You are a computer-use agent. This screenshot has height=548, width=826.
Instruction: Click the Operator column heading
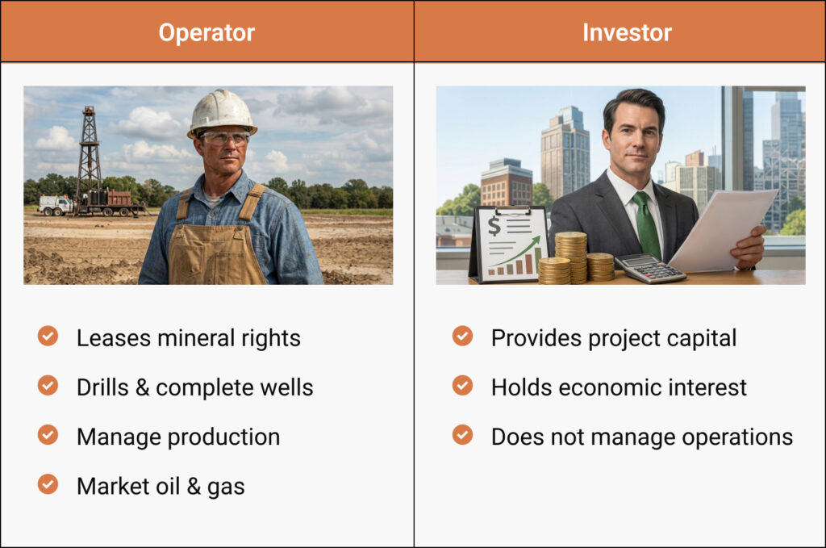click(206, 32)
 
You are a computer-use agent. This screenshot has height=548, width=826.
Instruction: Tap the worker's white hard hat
click(222, 112)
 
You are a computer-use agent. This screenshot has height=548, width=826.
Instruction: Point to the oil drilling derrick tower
click(88, 157)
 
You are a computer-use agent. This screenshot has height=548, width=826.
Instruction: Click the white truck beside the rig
click(56, 206)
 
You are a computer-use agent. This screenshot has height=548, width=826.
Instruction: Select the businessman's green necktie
click(646, 225)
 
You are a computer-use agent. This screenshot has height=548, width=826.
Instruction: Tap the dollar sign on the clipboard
click(494, 225)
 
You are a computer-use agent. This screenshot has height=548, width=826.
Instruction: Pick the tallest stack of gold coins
click(570, 257)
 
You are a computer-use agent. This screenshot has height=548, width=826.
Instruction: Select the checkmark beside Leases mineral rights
click(48, 337)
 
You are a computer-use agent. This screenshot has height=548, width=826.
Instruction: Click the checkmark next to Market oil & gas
click(48, 484)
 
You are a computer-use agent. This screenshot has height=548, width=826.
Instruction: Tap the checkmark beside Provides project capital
click(462, 337)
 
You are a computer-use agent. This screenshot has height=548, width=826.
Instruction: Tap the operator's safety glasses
click(223, 139)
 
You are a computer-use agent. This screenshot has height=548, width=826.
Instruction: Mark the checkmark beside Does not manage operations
click(462, 435)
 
